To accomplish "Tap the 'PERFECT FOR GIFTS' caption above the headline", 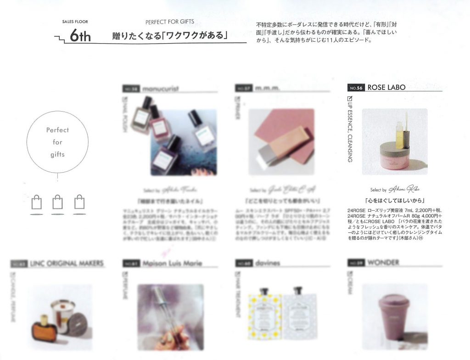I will coord(169,22).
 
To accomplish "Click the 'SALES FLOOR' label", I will coord(75,22).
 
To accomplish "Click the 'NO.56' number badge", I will coord(357,88).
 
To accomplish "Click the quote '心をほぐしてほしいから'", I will coord(394,201).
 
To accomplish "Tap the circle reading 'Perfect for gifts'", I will coord(57,142).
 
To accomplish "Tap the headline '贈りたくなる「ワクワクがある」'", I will coord(170,35).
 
